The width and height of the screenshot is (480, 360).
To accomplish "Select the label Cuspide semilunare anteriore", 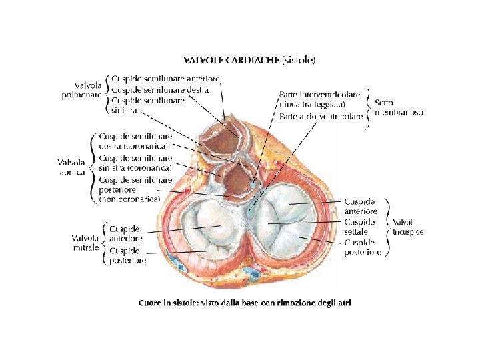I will [x=166, y=79].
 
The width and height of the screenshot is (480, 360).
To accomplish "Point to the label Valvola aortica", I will [x=71, y=167].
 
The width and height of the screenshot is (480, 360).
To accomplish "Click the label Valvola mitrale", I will [x=85, y=243].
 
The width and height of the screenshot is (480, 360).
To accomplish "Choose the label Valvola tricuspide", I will [x=409, y=227].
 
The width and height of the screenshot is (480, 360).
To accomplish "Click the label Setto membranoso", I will [x=399, y=107].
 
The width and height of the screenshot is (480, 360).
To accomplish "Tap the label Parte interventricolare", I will [x=321, y=95].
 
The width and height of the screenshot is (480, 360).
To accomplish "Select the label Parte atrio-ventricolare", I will [x=321, y=116].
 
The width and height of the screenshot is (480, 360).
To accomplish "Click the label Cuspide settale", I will [x=360, y=227].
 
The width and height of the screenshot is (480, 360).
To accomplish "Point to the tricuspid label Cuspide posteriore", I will [x=363, y=247].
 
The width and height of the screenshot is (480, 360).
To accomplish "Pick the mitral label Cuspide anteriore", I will [x=126, y=233].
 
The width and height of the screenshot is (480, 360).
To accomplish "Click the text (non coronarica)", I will [x=129, y=199].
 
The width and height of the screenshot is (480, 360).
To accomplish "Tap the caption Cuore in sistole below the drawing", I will [x=244, y=303].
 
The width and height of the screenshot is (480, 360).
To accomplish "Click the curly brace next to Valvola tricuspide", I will [x=388, y=227].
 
